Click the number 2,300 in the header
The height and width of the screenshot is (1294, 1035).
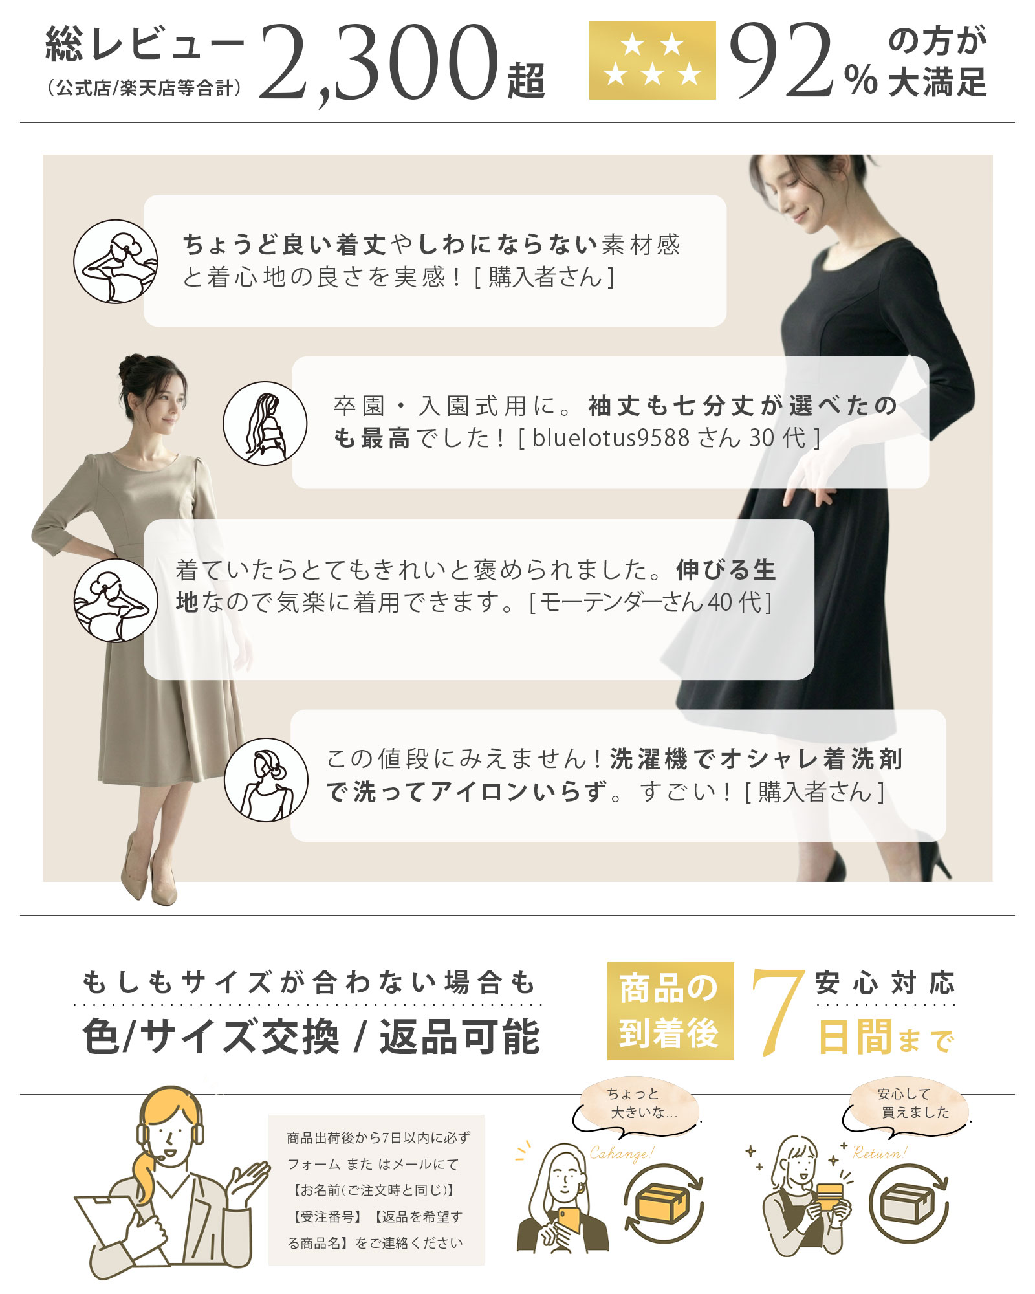[x=378, y=63]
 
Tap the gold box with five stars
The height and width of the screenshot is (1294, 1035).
[x=652, y=60]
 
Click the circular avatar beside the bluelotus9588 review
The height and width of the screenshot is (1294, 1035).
[x=265, y=423]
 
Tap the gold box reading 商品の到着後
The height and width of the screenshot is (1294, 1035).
[x=670, y=1011]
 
